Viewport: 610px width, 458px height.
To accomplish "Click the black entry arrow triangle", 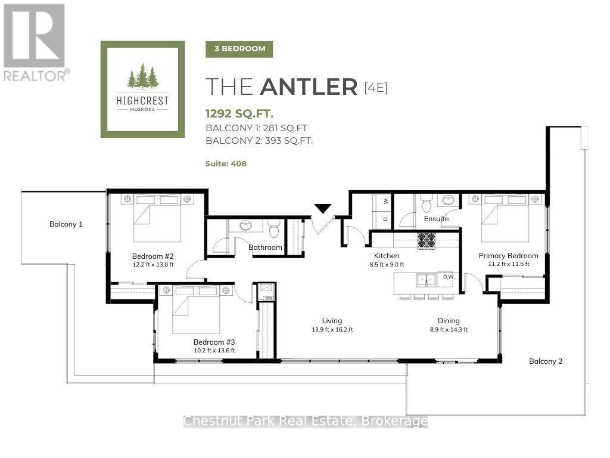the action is (x=323, y=208).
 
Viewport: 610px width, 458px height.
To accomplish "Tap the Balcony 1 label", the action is (x=66, y=224).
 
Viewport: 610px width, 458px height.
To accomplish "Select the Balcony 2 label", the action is (x=546, y=361).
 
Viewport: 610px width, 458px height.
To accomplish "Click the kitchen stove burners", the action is (x=426, y=240).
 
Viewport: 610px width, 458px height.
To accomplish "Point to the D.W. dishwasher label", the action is (x=449, y=277).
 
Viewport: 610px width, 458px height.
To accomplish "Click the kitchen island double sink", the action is (x=426, y=280).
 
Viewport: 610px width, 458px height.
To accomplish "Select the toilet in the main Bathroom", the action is (x=275, y=229).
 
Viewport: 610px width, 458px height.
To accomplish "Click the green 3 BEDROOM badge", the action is (x=239, y=49).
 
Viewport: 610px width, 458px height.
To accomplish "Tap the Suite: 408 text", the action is (x=226, y=163).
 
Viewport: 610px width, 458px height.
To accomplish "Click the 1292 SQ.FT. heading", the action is (x=239, y=113).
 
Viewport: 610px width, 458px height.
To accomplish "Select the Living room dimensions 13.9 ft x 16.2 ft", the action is (x=332, y=329).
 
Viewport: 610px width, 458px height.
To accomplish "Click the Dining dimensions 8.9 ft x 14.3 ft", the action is (x=449, y=329).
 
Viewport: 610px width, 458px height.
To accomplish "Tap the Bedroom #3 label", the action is (x=214, y=342).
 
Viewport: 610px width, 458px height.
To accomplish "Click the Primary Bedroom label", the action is (x=509, y=255).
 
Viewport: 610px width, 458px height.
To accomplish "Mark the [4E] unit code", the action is (x=376, y=88).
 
